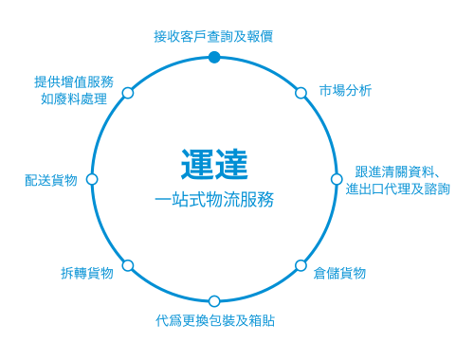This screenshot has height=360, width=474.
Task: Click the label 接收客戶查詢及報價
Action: (x=214, y=36)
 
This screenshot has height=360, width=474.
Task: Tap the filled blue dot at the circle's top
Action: (x=214, y=58)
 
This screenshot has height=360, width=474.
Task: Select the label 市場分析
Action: (x=345, y=91)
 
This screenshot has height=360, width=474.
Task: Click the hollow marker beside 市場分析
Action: (x=301, y=93)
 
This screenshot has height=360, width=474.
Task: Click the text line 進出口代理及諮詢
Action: (x=397, y=189)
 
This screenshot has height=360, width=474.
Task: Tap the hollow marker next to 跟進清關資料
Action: (x=337, y=179)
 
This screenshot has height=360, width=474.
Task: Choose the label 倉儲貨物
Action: (x=339, y=273)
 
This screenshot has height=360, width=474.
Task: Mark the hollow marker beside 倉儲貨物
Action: (x=301, y=265)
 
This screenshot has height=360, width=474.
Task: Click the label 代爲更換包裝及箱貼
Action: (x=214, y=320)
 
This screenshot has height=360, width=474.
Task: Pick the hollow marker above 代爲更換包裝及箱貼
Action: (x=214, y=301)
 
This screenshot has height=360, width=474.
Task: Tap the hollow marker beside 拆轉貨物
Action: (x=128, y=265)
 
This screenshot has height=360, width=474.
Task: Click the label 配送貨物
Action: (x=51, y=180)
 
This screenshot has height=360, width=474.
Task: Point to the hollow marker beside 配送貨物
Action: (x=92, y=179)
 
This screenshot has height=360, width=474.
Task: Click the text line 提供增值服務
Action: (x=73, y=81)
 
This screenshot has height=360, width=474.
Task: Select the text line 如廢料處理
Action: (x=77, y=99)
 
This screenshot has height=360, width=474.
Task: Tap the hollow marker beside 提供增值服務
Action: (x=128, y=93)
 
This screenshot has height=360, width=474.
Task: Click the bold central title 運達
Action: (x=214, y=163)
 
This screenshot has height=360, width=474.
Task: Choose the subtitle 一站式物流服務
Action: (x=214, y=200)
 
